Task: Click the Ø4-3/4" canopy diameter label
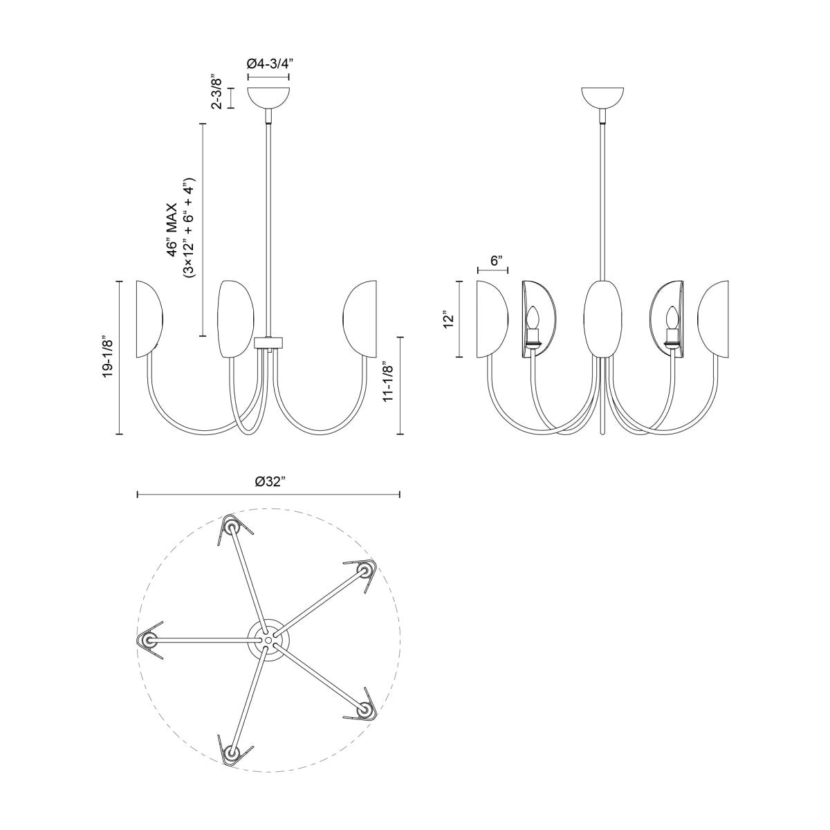point(269,62)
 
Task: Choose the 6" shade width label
point(495,261)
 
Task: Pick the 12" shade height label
point(450,320)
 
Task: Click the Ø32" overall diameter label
point(270,482)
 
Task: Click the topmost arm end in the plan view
point(230,527)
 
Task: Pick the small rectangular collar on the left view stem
point(269,341)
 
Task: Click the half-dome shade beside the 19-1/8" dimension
point(149,319)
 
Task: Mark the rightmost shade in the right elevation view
point(714,319)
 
